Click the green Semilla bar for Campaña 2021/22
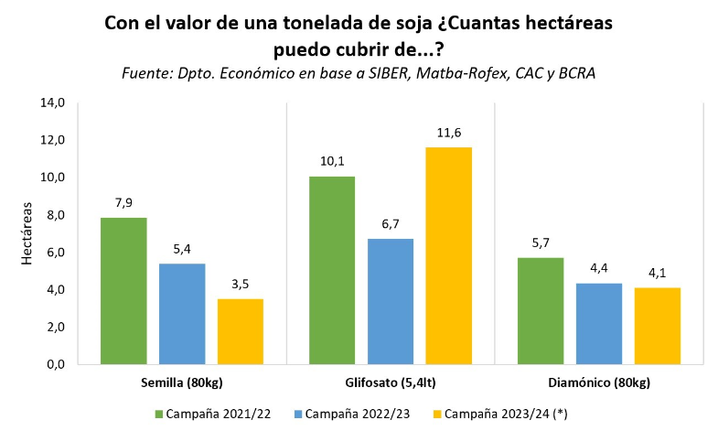[x=123, y=291]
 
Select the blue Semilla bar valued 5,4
[x=182, y=314]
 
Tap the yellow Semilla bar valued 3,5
[x=240, y=331]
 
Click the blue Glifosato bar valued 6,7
[x=390, y=301]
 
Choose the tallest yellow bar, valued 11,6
[x=448, y=255]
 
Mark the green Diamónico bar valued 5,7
[x=541, y=311]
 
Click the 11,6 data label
[x=448, y=134]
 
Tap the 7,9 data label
[x=123, y=203]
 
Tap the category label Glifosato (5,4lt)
[x=390, y=381]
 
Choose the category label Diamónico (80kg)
[x=598, y=381]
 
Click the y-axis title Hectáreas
[x=27, y=234]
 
